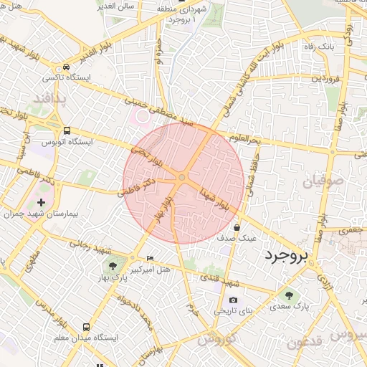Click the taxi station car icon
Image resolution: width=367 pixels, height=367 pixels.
tap(66, 67)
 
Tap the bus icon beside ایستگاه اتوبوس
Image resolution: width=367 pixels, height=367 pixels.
tap(67, 131)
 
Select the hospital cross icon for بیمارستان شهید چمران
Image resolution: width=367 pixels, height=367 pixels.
tap(40, 203)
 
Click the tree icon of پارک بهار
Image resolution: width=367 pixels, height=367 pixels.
tap(114, 258)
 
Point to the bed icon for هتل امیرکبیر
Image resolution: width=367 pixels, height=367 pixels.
tap(150, 258)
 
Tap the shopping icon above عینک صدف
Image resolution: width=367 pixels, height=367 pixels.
tap(237, 227)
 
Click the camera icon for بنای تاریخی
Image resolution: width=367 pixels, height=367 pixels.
tap(232, 300)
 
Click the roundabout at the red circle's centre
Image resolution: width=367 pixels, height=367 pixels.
tap(182, 177)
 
